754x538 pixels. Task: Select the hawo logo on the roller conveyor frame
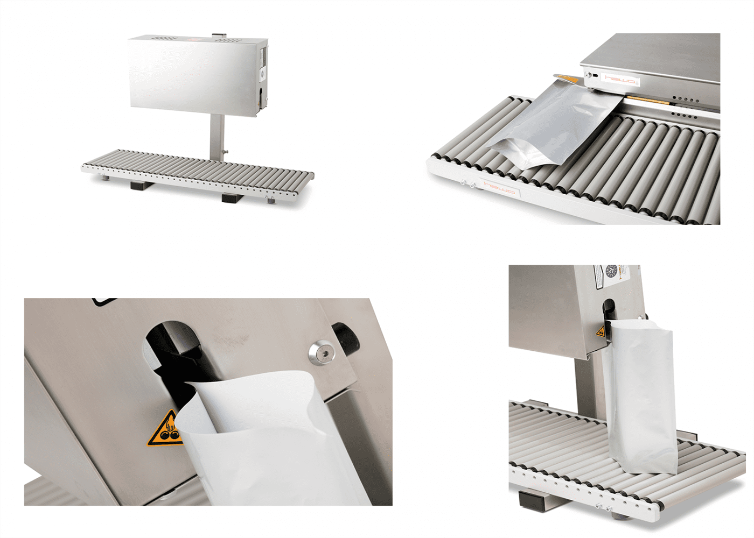click(x=500, y=188)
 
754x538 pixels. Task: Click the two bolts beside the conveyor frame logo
click(x=467, y=185)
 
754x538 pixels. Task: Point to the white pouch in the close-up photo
click(x=269, y=441)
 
